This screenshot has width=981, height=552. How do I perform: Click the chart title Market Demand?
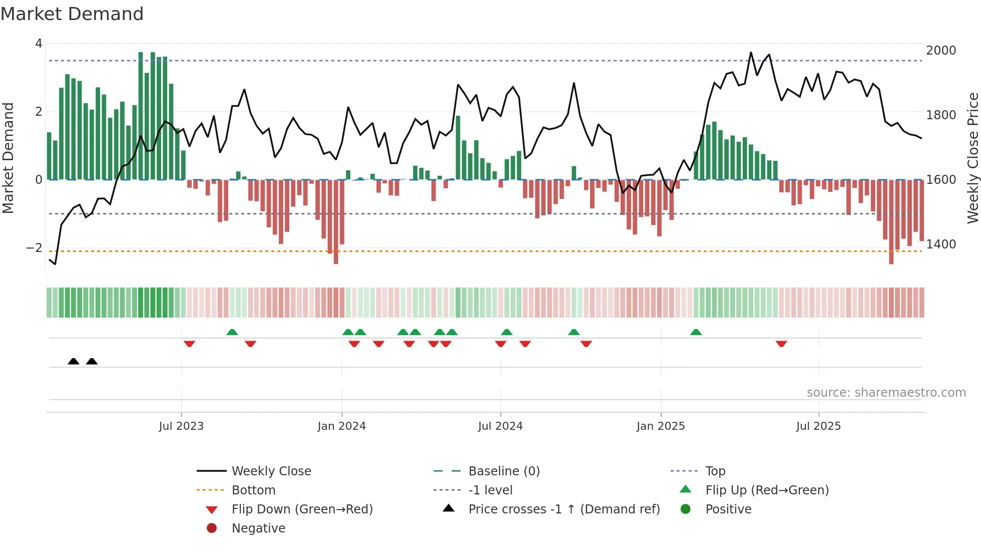(72, 14)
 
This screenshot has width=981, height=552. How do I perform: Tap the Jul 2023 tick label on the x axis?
(181, 426)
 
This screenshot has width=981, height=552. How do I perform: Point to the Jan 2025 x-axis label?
(661, 426)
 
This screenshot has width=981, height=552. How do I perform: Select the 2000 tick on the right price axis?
(941, 50)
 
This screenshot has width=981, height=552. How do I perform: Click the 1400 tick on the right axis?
(941, 244)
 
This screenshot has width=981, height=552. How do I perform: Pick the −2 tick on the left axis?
(34, 247)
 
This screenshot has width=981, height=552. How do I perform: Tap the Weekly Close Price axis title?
(972, 158)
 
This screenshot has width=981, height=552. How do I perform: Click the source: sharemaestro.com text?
(886, 393)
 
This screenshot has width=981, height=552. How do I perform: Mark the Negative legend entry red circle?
(212, 528)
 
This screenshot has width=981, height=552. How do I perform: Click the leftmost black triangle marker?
(74, 361)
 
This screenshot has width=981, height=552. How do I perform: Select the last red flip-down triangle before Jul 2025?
(781, 344)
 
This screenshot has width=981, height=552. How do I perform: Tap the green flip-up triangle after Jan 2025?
(696, 332)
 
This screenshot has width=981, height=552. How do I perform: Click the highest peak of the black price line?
(751, 53)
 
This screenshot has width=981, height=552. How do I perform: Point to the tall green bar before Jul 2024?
(458, 148)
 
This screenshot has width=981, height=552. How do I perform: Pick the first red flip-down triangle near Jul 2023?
(189, 344)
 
